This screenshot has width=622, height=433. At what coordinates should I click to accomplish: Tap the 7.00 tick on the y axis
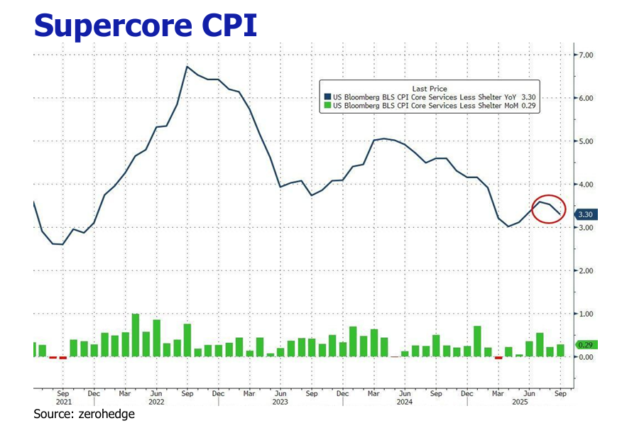tap(586, 55)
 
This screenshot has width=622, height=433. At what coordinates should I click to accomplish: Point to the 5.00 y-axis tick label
tap(586, 141)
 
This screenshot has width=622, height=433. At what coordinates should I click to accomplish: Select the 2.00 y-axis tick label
tap(586, 271)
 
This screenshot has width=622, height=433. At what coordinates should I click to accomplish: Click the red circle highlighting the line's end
tap(548, 209)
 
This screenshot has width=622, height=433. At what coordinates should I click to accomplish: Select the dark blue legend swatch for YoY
tap(327, 97)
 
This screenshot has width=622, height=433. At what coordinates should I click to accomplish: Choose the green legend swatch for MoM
tap(327, 106)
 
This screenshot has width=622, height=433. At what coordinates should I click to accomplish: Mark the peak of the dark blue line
tap(186, 67)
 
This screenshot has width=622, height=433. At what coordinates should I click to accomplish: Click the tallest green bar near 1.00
tap(136, 335)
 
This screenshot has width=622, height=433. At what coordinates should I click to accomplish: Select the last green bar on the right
tap(560, 351)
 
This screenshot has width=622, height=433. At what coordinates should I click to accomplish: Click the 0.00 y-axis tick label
tap(586, 357)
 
